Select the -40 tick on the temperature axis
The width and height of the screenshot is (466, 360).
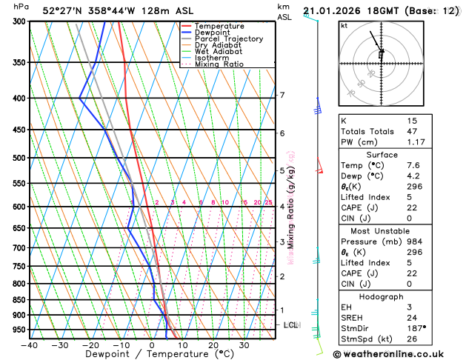[x=29, y=344]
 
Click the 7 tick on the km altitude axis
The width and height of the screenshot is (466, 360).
[x=282, y=95]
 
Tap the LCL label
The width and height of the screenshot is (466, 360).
[x=291, y=325]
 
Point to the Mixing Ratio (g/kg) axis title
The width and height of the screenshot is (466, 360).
[x=292, y=207]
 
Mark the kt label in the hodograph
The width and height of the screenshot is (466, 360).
[x=344, y=26]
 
